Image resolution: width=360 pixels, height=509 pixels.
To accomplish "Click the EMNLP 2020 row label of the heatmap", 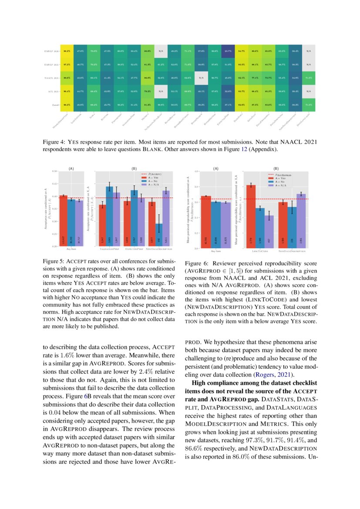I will pyautogui.click(x=52, y=51).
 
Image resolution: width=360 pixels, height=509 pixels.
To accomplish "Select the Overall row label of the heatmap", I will pyautogui.click(x=54, y=105).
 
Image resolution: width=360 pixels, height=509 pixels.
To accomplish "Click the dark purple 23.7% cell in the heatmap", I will pyautogui.click(x=228, y=51).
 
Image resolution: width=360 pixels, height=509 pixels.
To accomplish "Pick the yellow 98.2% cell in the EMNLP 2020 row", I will pyautogui.click(x=67, y=51).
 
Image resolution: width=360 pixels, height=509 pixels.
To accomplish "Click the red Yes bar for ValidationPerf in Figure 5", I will pyautogui.click(x=102, y=225).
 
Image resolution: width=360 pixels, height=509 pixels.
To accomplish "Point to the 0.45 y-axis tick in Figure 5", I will pyautogui.click(x=55, y=184).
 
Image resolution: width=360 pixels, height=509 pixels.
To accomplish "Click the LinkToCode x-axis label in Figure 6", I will pyautogui.click(x=259, y=251).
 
